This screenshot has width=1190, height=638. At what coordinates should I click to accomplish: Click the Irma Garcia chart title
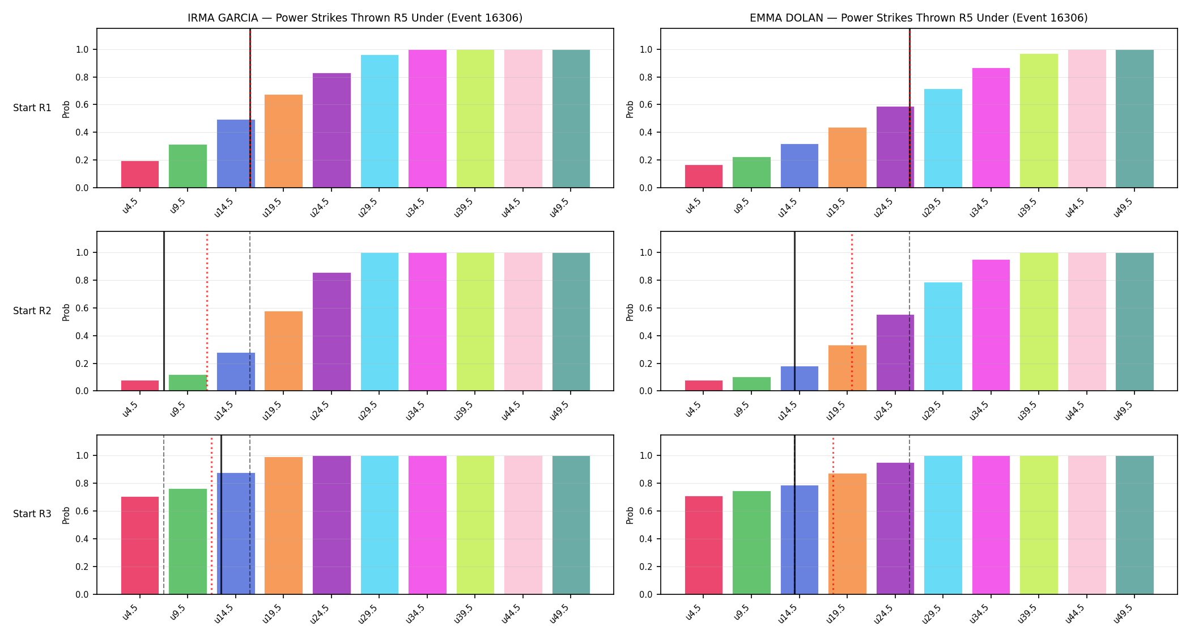point(355,18)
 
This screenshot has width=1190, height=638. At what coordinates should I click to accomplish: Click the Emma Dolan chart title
point(919,18)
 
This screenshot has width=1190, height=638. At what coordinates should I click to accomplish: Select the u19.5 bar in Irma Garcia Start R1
point(283,141)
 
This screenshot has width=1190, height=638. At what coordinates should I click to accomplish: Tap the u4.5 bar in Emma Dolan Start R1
point(703,176)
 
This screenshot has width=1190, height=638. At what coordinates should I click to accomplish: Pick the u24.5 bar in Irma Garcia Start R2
point(331,332)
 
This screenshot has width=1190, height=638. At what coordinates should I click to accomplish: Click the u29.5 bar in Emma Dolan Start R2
point(943,336)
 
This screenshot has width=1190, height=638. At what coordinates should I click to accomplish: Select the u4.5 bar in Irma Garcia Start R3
point(140,546)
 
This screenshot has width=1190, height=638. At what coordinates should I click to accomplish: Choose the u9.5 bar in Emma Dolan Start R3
point(751,543)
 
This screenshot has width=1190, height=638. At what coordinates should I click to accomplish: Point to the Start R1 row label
point(32,108)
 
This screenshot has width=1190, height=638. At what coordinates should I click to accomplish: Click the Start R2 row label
point(32,311)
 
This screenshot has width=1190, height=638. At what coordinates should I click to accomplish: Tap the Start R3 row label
point(32,514)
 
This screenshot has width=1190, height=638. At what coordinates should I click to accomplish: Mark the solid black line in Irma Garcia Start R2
point(164,311)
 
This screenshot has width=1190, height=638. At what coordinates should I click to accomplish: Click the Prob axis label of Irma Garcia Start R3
point(66,515)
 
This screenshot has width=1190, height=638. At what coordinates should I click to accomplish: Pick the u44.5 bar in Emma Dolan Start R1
point(1087,119)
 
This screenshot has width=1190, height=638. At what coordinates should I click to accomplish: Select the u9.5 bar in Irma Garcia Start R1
point(188,166)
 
